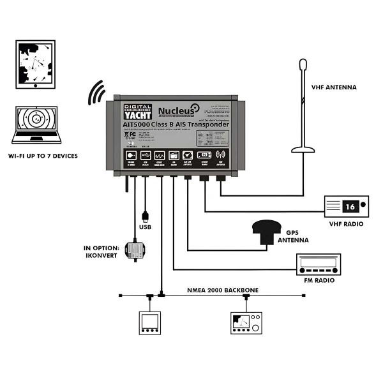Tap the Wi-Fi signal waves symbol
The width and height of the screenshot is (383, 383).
click(96, 93)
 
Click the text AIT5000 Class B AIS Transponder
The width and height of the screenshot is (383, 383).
click(175, 124)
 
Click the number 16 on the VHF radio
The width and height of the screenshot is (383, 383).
click(350, 206)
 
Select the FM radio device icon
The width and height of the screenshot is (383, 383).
click(324, 264)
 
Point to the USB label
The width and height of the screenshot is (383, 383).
click(146, 226)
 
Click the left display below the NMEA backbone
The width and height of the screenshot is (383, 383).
click(151, 322)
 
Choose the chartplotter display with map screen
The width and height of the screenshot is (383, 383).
click(244, 322)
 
